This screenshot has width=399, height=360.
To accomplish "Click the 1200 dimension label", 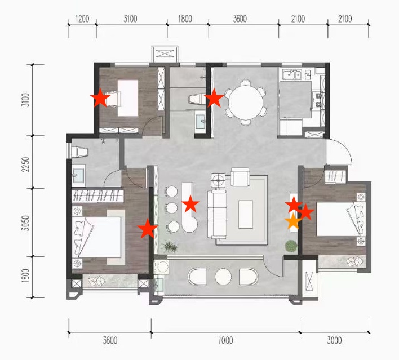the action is click(x=82, y=19).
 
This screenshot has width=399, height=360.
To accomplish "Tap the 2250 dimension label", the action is click(x=25, y=165).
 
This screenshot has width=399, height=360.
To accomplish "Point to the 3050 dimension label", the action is click(x=25, y=223).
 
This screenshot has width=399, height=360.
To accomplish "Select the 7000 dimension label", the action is click(x=225, y=340).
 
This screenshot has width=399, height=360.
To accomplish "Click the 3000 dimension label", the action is click(x=334, y=340).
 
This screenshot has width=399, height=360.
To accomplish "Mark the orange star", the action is click(x=293, y=221).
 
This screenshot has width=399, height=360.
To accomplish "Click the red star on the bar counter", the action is click(x=190, y=203).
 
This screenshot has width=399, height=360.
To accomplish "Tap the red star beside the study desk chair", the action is click(x=100, y=97).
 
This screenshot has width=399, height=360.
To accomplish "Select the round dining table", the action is click(x=246, y=103).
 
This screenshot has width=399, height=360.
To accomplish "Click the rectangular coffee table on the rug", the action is click(x=246, y=214).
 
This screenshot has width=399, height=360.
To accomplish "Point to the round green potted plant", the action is click(x=291, y=246).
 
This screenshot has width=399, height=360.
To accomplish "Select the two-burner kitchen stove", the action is click(x=318, y=100).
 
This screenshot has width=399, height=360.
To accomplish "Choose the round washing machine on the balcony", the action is click(x=162, y=266).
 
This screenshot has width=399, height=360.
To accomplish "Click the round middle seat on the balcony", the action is click(x=223, y=277).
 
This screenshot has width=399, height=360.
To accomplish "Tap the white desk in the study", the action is click(x=128, y=98).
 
